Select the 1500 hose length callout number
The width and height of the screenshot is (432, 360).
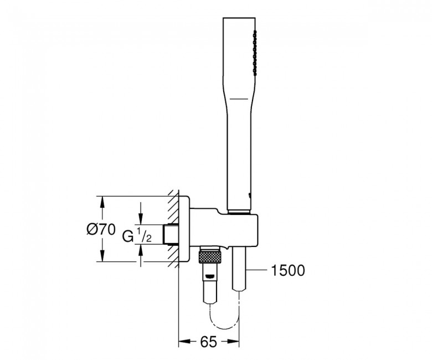(x=288, y=270)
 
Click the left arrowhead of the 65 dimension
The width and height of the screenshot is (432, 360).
(x=182, y=342)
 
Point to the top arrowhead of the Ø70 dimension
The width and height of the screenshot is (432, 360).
(x=101, y=200)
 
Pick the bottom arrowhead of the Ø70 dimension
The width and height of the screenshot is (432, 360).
(x=101, y=258)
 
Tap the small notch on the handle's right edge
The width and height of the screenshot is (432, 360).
(x=251, y=195)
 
